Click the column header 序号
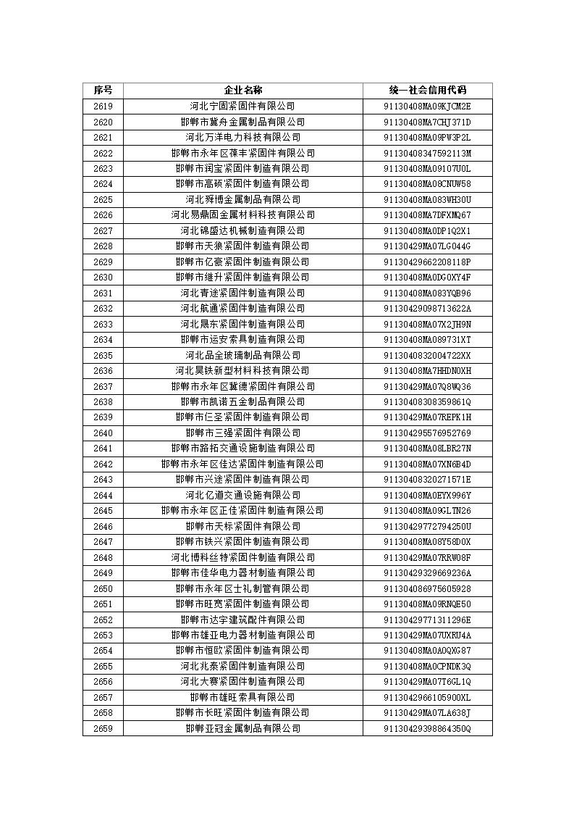click(x=103, y=91)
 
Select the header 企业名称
click(x=242, y=91)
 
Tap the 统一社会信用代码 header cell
click(x=427, y=91)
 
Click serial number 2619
click(x=103, y=107)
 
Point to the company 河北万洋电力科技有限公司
click(x=242, y=138)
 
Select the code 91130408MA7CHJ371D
click(x=427, y=122)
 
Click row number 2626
click(x=103, y=215)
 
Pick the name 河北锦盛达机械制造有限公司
click(x=242, y=231)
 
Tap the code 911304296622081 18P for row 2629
click(x=427, y=262)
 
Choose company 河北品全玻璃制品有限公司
click(x=242, y=356)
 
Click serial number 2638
click(x=103, y=402)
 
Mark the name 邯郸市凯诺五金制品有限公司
click(x=242, y=402)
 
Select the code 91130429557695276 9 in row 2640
click(x=427, y=433)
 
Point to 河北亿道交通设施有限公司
click(x=242, y=496)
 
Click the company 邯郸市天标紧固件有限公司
click(x=242, y=527)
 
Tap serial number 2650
click(x=103, y=589)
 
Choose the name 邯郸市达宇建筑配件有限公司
click(x=242, y=620)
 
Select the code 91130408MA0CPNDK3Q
click(x=427, y=667)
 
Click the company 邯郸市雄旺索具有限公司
click(x=242, y=698)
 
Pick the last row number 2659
click(x=103, y=729)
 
